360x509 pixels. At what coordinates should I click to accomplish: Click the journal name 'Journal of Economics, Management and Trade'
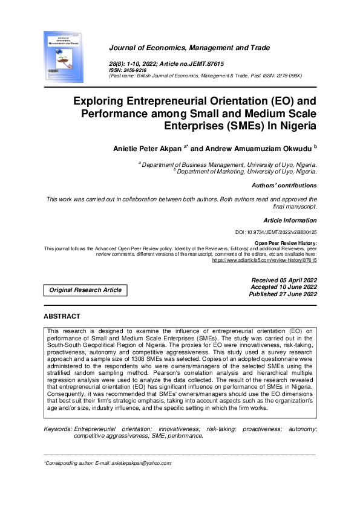[189, 48]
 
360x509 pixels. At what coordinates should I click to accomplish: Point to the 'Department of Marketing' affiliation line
[247, 172]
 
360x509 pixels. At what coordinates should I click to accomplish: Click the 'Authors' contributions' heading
[284, 186]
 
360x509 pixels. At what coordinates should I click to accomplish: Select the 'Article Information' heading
[290, 221]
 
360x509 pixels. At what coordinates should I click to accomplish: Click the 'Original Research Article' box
[85, 290]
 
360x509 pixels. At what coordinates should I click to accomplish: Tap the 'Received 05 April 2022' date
[283, 280]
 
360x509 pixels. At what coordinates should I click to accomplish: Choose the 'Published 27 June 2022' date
[283, 294]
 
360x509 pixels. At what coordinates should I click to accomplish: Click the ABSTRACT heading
[62, 316]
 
